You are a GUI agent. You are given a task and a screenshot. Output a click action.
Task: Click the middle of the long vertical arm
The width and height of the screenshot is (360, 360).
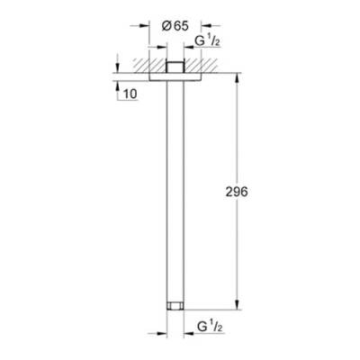tap(175, 189)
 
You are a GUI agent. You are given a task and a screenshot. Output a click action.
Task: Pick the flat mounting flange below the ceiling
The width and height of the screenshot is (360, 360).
tap(175, 77)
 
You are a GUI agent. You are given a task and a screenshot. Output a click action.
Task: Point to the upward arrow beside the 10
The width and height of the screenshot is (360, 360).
tap(117, 85)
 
